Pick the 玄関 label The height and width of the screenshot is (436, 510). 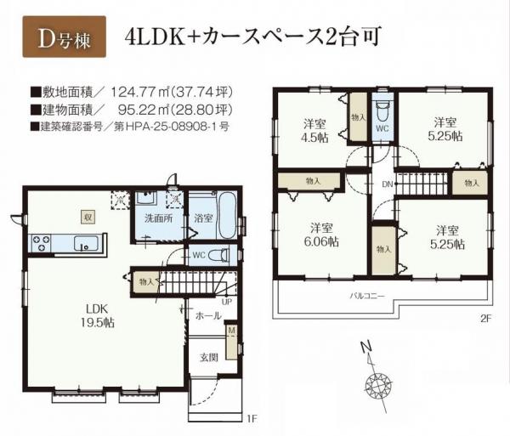[208, 358]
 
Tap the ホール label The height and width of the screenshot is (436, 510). [207, 315]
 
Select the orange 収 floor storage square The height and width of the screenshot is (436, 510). [87, 216]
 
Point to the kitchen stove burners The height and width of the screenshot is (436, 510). [42, 243]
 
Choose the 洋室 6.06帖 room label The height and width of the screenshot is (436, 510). [320, 235]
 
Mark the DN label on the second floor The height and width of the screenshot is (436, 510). [387, 184]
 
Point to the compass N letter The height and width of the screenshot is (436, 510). [365, 348]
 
